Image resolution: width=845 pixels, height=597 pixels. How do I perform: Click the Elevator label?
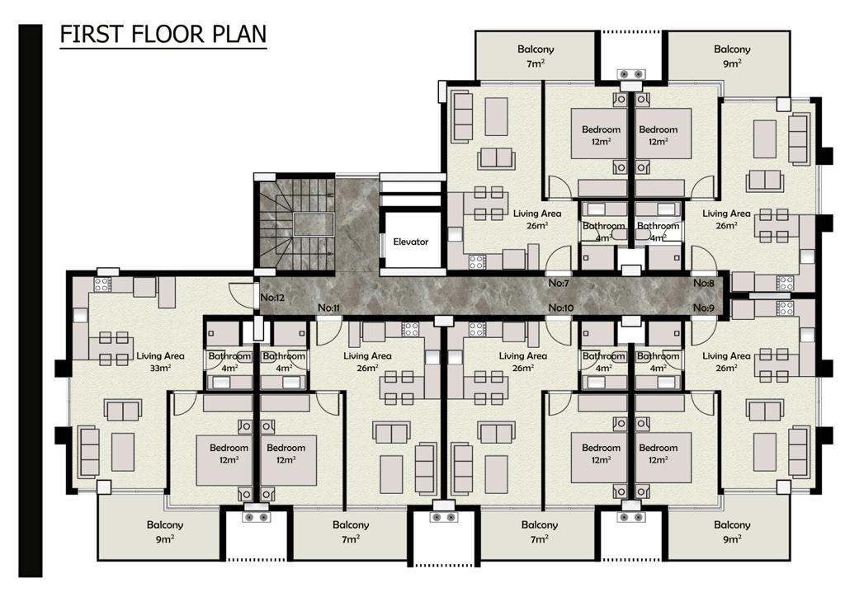pyautogui.click(x=411, y=242)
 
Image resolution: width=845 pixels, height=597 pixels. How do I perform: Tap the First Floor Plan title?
pyautogui.click(x=163, y=34)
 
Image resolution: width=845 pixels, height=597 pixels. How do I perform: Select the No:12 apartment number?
pyautogui.click(x=272, y=297)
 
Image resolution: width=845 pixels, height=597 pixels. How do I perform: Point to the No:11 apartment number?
pyautogui.click(x=328, y=308)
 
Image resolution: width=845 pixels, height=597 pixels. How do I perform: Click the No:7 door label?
pyautogui.click(x=559, y=283)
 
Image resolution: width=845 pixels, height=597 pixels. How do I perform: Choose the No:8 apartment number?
pyautogui.click(x=703, y=283)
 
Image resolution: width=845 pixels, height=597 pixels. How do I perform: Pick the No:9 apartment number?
pyautogui.click(x=703, y=308)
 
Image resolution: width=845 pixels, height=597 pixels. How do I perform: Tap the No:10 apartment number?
pyautogui.click(x=561, y=308)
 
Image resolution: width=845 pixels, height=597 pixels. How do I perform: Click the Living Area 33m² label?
pyautogui.click(x=160, y=362)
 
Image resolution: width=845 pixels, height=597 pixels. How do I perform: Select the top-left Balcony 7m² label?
pyautogui.click(x=536, y=56)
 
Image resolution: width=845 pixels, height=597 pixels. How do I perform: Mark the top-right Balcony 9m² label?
pyautogui.click(x=732, y=56)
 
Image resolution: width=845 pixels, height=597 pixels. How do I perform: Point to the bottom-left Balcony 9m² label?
pyautogui.click(x=165, y=531)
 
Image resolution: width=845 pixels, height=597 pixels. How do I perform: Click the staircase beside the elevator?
pyautogui.click(x=295, y=223)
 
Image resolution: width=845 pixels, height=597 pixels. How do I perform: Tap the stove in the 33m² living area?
pyautogui.click(x=102, y=284)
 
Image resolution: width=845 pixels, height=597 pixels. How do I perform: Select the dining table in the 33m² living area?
pyautogui.click(x=114, y=348)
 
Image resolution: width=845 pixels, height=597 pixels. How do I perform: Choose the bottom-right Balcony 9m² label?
pyautogui.click(x=732, y=531)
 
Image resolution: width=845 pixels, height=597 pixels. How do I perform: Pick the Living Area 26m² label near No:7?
pyautogui.click(x=536, y=219)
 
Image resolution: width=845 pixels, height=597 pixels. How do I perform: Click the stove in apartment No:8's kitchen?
pyautogui.click(x=785, y=283)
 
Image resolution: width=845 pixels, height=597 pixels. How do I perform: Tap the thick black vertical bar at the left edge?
pyautogui.click(x=31, y=301)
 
